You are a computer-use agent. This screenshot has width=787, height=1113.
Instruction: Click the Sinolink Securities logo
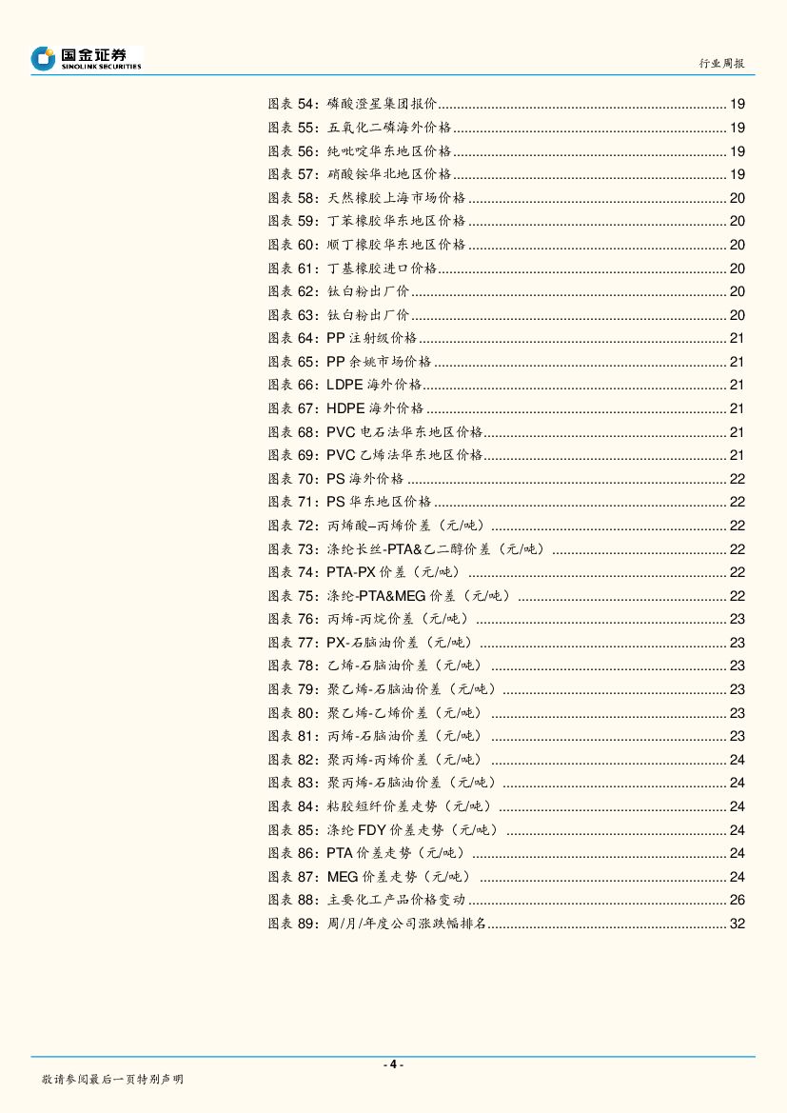pyautogui.click(x=86, y=59)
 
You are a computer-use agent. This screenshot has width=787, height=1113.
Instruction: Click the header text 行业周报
pyautogui.click(x=721, y=63)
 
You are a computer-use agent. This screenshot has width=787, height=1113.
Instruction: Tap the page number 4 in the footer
pyautogui.click(x=393, y=1063)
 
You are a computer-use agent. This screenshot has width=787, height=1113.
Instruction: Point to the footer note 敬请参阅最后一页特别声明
pyautogui.click(x=112, y=1079)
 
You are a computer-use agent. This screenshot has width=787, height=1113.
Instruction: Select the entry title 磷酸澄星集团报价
pyautogui.click(x=382, y=105)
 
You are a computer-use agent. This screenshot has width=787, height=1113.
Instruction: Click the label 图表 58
pyautogui.click(x=294, y=198)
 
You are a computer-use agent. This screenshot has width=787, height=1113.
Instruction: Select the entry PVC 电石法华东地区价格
pyautogui.click(x=404, y=431)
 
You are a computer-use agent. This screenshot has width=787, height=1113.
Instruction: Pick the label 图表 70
pyautogui.click(x=294, y=478)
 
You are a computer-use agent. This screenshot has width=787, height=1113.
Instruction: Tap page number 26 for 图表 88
pyautogui.click(x=737, y=899)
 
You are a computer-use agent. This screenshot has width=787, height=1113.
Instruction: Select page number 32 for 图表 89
pyautogui.click(x=737, y=923)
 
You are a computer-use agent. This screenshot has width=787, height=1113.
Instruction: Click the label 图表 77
pyautogui.click(x=294, y=642)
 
